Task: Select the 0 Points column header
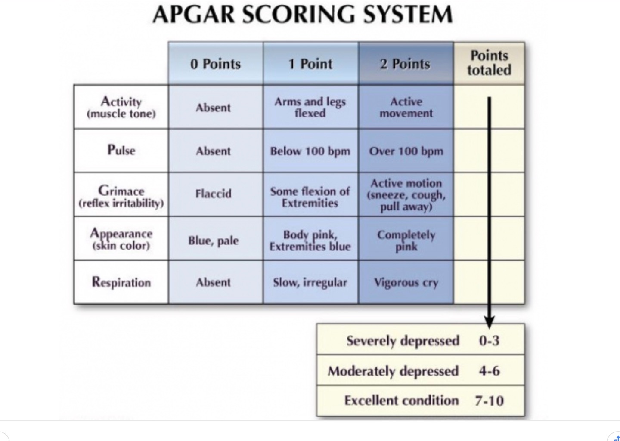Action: [x=215, y=64]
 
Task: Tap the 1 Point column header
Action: [x=310, y=64]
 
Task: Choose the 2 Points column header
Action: [x=405, y=64]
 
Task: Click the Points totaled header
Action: [x=489, y=63]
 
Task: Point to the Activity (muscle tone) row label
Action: [x=121, y=107]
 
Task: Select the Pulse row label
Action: [x=121, y=150]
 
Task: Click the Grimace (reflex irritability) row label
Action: [x=121, y=196]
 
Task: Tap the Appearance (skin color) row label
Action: [x=121, y=239]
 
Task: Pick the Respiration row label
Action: [x=121, y=282]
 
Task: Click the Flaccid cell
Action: [x=214, y=194]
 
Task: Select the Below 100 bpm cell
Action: [x=310, y=151]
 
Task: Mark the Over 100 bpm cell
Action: [x=406, y=151]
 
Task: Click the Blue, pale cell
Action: [x=214, y=241]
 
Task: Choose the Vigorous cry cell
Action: [x=406, y=283]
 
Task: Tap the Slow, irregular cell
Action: [x=310, y=283]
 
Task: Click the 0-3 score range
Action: [x=489, y=341]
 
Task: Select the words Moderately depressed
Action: [x=393, y=371]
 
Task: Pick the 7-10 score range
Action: [x=489, y=401]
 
